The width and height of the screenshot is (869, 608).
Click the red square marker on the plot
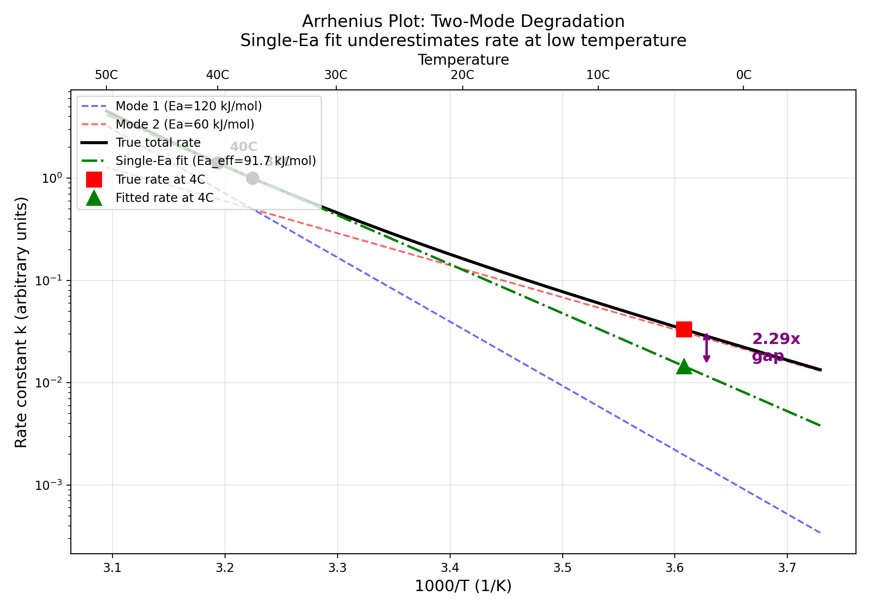684,329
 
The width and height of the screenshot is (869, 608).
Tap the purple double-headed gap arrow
706,348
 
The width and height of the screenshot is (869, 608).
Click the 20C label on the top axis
462,75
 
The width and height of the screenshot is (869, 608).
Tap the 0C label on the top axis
743,75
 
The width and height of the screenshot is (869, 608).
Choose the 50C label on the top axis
106,75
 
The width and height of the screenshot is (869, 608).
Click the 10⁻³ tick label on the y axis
47,485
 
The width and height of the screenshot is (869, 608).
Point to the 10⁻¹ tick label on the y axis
47,281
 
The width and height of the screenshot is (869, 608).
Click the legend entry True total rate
158,142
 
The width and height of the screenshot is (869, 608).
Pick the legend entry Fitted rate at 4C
164,198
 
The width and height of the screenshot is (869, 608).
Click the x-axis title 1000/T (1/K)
463,586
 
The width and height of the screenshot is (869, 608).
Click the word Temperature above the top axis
463,59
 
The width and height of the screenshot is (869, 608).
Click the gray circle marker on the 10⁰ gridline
252,178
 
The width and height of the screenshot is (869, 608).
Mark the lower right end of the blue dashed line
819,532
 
